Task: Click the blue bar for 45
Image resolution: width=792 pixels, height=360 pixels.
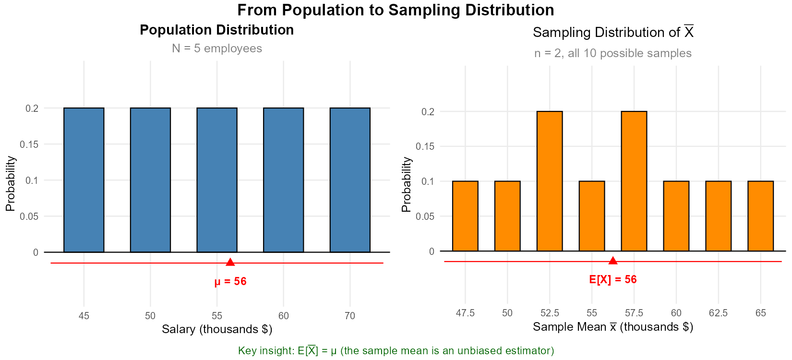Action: point(84,180)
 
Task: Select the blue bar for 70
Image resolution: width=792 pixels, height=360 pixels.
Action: point(350,180)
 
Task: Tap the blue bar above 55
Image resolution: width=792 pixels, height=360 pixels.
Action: point(217,180)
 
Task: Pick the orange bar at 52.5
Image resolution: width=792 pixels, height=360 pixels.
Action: point(550,181)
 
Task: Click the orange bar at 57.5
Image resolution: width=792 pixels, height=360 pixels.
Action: point(634,181)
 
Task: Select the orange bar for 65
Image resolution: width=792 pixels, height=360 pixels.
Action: point(761,216)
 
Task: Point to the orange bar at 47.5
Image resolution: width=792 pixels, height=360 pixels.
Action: point(465,216)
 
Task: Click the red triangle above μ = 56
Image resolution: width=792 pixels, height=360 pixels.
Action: point(230,262)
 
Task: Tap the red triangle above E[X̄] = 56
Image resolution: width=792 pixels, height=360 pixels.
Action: point(613,261)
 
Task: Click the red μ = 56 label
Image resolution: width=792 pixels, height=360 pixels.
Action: point(230,282)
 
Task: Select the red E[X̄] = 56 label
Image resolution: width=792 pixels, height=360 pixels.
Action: point(613,279)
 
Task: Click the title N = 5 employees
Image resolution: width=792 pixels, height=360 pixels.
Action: point(217,48)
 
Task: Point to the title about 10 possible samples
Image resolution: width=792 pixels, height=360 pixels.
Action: point(613,53)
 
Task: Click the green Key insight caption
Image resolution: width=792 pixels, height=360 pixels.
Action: point(396,351)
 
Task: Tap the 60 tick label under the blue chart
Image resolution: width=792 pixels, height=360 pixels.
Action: point(284,316)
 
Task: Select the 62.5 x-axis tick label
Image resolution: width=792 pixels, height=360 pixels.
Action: point(718,313)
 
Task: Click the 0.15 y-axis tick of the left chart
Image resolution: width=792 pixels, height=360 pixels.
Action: point(29,144)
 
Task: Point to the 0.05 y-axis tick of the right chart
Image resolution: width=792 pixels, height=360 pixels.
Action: point(425,216)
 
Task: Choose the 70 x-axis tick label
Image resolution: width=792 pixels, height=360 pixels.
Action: point(350,316)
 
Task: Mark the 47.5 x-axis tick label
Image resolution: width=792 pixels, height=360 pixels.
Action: point(465,313)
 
